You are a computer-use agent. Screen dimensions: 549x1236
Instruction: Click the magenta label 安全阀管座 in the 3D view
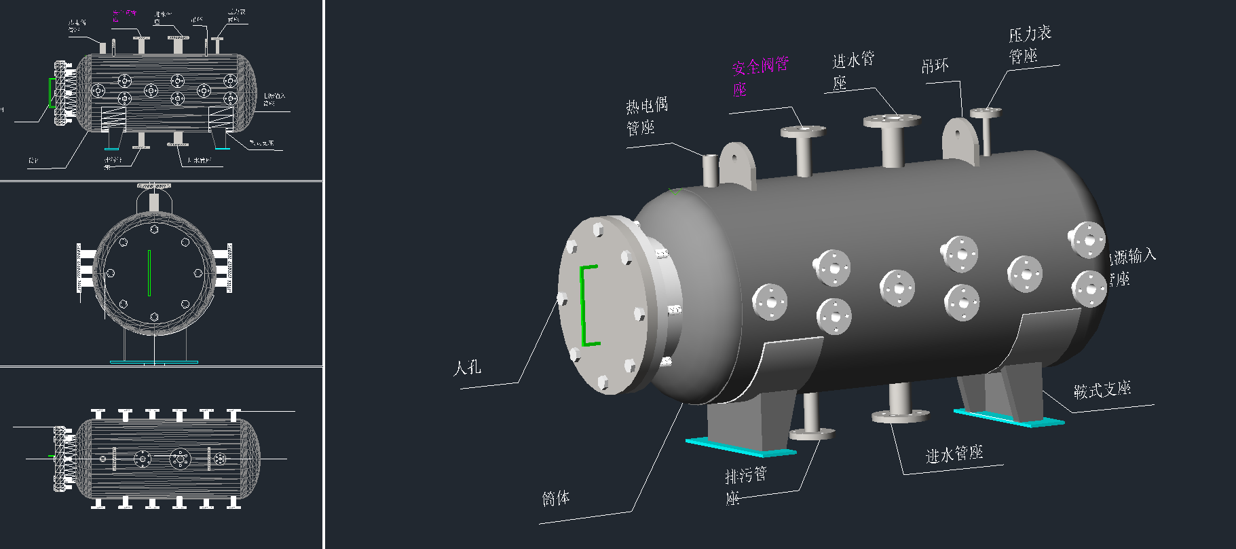pos(760,76)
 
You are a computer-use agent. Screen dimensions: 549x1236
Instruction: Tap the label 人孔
pos(467,368)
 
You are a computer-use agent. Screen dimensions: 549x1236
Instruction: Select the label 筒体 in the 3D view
pos(556,498)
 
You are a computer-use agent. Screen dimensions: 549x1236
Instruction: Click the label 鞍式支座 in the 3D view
pos(1102,389)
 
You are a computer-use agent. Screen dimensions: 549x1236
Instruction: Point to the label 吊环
pos(935,66)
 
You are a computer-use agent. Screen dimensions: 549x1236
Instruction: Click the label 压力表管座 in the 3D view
pos(1029,44)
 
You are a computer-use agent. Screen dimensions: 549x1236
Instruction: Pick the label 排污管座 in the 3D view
pos(745,485)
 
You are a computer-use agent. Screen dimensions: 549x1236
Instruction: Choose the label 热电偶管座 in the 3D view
pos(646,116)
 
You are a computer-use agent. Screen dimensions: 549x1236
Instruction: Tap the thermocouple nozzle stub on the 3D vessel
pos(709,169)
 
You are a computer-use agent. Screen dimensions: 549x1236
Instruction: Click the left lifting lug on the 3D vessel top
pos(737,165)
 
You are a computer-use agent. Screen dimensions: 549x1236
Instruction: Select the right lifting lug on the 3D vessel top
pos(960,141)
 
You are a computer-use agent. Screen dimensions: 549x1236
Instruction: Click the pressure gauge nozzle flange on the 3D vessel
pos(986,113)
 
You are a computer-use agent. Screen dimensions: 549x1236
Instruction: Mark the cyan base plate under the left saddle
pos(739,447)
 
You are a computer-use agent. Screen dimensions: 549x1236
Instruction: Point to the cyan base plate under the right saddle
pos(1009,417)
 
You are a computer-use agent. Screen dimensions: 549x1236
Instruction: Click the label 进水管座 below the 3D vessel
pos(954,453)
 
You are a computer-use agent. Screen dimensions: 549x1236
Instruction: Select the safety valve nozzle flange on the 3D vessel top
pos(802,130)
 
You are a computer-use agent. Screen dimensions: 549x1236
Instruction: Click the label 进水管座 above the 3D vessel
pos(853,70)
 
